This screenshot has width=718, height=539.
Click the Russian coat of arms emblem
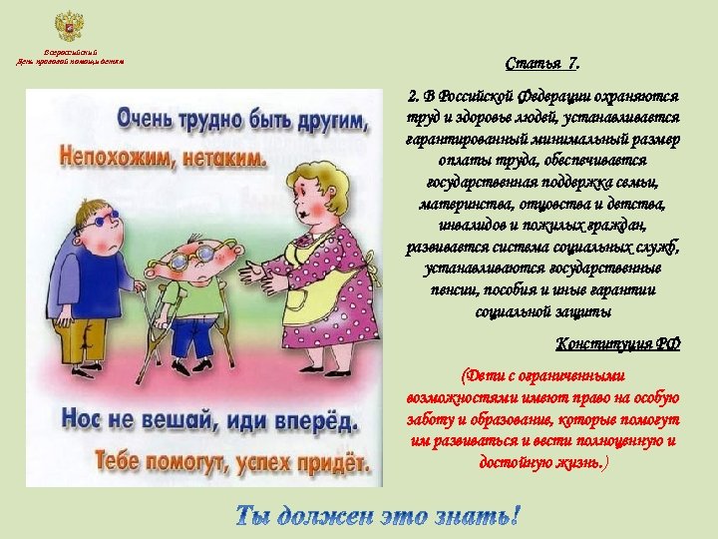(x=69, y=27)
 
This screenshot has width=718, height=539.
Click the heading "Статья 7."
(x=542, y=65)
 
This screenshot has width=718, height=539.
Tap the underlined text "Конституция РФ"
(x=617, y=344)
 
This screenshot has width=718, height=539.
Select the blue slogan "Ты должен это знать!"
(x=378, y=516)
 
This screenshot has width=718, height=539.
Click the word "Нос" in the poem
(x=83, y=418)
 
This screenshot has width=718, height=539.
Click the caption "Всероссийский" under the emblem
(x=69, y=52)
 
